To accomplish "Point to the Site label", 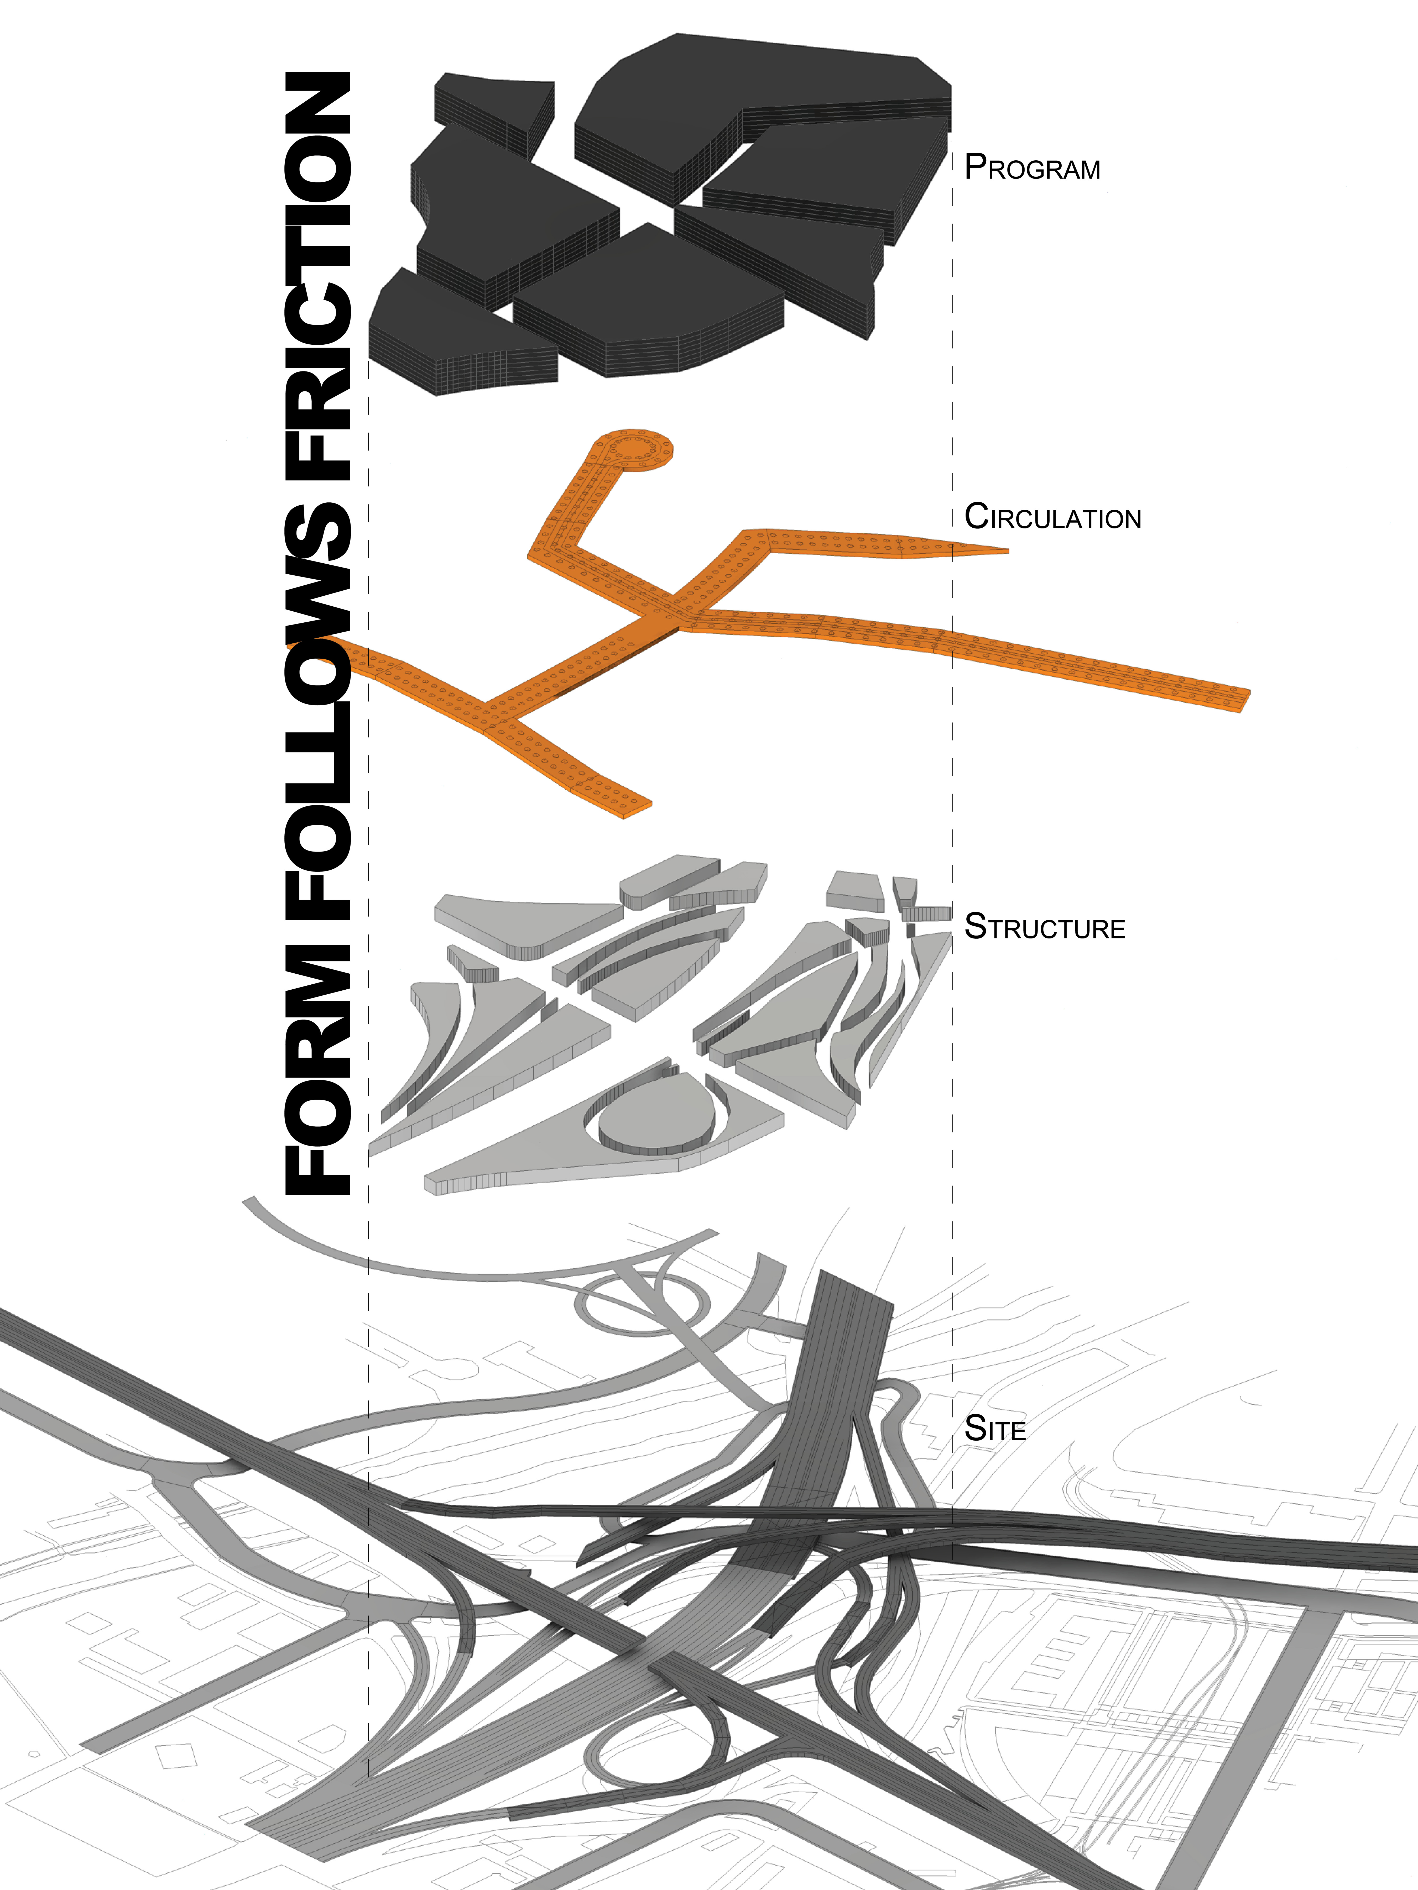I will pyautogui.click(x=995, y=1429).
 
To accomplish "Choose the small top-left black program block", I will pyautogui.click(x=492, y=107).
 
